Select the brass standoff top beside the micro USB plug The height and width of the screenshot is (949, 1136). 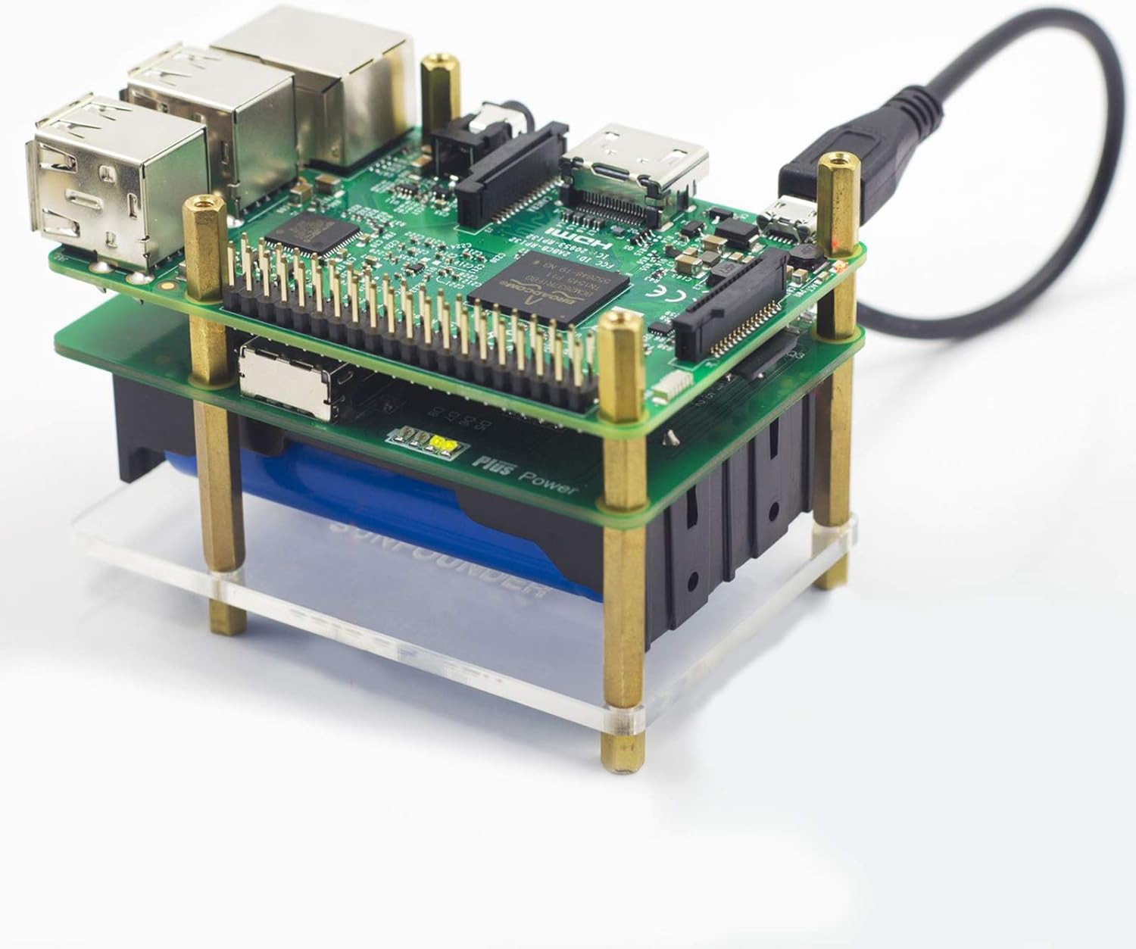point(836,162)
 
